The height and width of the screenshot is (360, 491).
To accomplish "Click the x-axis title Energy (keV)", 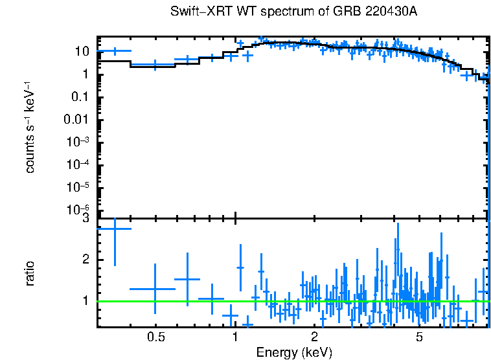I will pyautogui.click(x=293, y=352).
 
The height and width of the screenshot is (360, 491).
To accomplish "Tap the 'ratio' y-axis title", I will pyautogui.click(x=30, y=273).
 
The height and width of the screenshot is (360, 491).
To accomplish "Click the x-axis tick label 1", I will pyautogui.click(x=235, y=337).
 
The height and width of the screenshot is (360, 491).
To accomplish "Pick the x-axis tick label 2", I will pyautogui.click(x=314, y=337).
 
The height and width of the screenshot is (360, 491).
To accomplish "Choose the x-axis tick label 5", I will pyautogui.click(x=419, y=337).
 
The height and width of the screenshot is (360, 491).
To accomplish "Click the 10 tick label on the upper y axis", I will pyautogui.click(x=82, y=52).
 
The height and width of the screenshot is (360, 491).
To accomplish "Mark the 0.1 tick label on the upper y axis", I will pyautogui.click(x=80, y=97).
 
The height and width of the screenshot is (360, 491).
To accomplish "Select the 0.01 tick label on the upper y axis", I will pyautogui.click(x=76, y=120).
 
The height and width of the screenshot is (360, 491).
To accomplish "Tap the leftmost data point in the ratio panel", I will pyautogui.click(x=115, y=228).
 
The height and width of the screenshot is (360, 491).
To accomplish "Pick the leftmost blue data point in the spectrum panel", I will pyautogui.click(x=115, y=51).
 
